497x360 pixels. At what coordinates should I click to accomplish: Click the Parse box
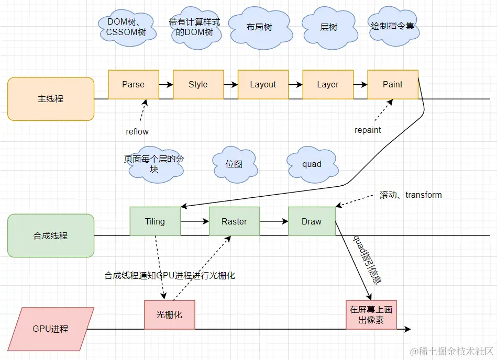(x=133, y=84)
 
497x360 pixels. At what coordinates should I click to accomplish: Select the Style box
(x=198, y=84)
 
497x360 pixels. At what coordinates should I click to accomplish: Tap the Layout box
(x=263, y=84)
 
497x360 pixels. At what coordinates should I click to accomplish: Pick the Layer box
(x=328, y=84)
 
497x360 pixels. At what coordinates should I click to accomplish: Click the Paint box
(x=393, y=84)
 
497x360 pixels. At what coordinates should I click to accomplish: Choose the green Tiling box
(x=155, y=221)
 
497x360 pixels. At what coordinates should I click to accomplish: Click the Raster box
(x=234, y=221)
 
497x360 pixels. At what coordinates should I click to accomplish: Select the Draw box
(x=312, y=221)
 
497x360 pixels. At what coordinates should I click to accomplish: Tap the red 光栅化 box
(x=170, y=314)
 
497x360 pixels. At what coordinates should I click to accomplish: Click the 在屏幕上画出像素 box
(x=371, y=314)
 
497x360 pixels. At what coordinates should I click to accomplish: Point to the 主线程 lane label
(x=51, y=99)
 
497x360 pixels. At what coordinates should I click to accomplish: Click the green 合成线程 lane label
(x=51, y=235)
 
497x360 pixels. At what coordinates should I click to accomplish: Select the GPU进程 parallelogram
(x=51, y=329)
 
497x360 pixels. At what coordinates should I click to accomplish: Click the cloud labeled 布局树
(x=259, y=27)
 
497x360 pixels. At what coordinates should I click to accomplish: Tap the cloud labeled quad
(x=312, y=164)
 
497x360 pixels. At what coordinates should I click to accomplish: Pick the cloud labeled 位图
(x=234, y=164)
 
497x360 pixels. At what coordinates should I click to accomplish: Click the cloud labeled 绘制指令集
(x=392, y=25)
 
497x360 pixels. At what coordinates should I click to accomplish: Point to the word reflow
(x=137, y=131)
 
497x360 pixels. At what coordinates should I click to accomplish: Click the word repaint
(x=368, y=130)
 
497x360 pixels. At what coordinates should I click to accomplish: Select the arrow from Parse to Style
(x=165, y=84)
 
